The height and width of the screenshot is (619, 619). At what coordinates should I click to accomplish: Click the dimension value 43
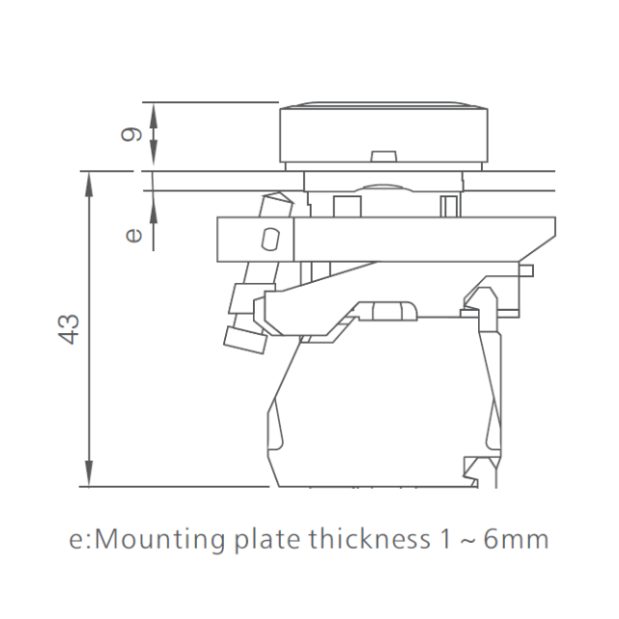[69, 329]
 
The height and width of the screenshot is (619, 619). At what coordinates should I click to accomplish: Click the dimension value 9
[131, 134]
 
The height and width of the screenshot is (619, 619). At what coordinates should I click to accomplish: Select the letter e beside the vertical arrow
[133, 236]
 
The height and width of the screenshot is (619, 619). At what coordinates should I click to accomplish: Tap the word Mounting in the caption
[160, 541]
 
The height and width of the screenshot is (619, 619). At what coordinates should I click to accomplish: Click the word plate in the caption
[267, 539]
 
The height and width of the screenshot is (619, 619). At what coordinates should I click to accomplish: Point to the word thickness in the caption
[369, 539]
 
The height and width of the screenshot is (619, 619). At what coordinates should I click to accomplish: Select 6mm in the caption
[516, 539]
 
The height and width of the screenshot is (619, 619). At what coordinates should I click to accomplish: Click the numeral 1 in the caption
[444, 539]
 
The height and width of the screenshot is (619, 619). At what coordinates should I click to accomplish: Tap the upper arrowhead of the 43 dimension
[89, 184]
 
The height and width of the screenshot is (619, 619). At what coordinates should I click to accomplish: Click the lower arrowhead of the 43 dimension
[89, 474]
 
